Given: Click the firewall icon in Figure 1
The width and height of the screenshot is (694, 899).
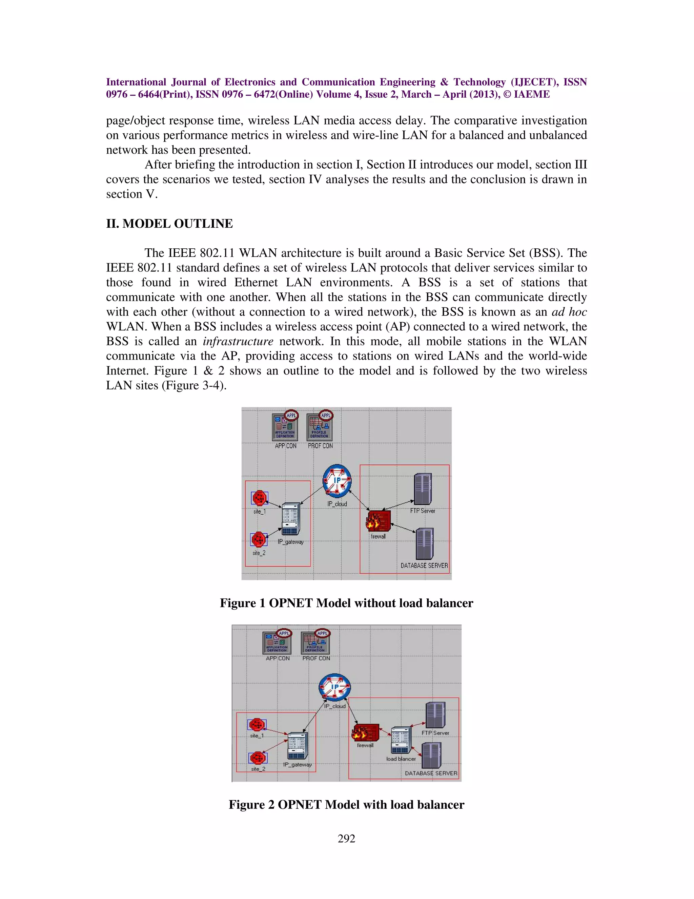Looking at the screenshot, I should (x=378, y=521).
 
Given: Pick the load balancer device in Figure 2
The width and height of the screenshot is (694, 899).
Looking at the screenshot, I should (x=401, y=741).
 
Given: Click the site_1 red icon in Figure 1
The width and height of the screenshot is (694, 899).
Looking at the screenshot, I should (x=260, y=498).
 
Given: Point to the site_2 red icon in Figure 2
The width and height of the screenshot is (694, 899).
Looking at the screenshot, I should (x=258, y=758).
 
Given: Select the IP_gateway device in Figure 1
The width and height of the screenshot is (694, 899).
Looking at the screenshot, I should (x=291, y=519).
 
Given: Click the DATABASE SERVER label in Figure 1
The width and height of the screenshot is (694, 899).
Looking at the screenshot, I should (x=424, y=566).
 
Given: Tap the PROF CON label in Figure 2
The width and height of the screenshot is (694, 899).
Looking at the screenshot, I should (x=316, y=658).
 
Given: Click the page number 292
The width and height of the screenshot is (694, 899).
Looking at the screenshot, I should (x=346, y=839).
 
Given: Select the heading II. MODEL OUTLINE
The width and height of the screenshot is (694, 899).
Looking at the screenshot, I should (x=169, y=224).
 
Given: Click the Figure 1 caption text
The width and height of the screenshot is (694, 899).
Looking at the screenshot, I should (x=346, y=603).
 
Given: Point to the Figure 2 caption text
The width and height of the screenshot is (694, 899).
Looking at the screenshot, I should (x=346, y=805).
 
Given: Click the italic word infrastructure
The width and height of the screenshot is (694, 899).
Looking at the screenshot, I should (x=238, y=341).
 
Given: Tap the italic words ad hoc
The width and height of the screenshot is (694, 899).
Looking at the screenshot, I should (x=569, y=312).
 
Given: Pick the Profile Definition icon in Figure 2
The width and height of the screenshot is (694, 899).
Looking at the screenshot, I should (x=316, y=642).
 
